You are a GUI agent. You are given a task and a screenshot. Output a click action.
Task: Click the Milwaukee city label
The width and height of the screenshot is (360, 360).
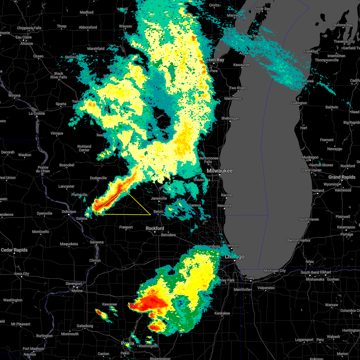(x=220, y=171)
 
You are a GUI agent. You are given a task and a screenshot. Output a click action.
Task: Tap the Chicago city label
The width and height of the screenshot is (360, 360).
(x=235, y=257)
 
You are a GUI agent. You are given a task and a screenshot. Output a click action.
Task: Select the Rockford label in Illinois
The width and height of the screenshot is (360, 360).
(x=155, y=228)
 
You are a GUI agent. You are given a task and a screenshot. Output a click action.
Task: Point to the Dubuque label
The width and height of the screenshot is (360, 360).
(x=69, y=211)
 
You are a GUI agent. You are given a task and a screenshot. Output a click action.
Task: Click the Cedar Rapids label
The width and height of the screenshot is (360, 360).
(x=14, y=250)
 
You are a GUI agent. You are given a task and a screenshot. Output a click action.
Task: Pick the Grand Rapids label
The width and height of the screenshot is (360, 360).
(x=342, y=177)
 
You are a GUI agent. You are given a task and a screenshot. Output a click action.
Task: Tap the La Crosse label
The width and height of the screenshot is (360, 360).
(x=37, y=113)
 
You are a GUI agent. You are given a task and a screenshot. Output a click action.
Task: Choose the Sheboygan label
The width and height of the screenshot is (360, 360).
(x=230, y=118)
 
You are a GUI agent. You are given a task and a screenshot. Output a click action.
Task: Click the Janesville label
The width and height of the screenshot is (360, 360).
(x=159, y=198)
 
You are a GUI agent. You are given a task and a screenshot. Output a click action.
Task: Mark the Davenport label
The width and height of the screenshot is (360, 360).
(x=74, y=283)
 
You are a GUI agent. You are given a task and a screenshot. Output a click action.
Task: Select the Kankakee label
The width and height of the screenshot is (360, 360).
(x=222, y=313)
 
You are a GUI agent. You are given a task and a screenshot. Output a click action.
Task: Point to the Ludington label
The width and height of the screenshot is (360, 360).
(x=299, y=103)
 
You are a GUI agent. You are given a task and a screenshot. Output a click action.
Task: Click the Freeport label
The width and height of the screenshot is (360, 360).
(x=126, y=227)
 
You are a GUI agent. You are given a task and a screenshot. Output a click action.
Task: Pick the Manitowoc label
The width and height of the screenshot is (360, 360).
(x=233, y=98)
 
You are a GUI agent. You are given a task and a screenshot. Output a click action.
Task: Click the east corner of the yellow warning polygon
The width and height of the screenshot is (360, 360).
(x=150, y=215)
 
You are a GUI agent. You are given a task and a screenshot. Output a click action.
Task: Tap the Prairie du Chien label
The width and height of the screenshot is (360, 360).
(x=43, y=169)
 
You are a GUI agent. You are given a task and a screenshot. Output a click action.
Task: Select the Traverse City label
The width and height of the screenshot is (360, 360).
(x=344, y=41)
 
